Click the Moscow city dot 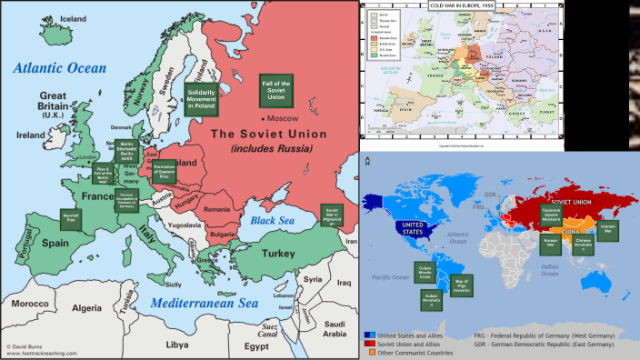[262, 119]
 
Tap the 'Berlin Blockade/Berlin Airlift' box [126, 153]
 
